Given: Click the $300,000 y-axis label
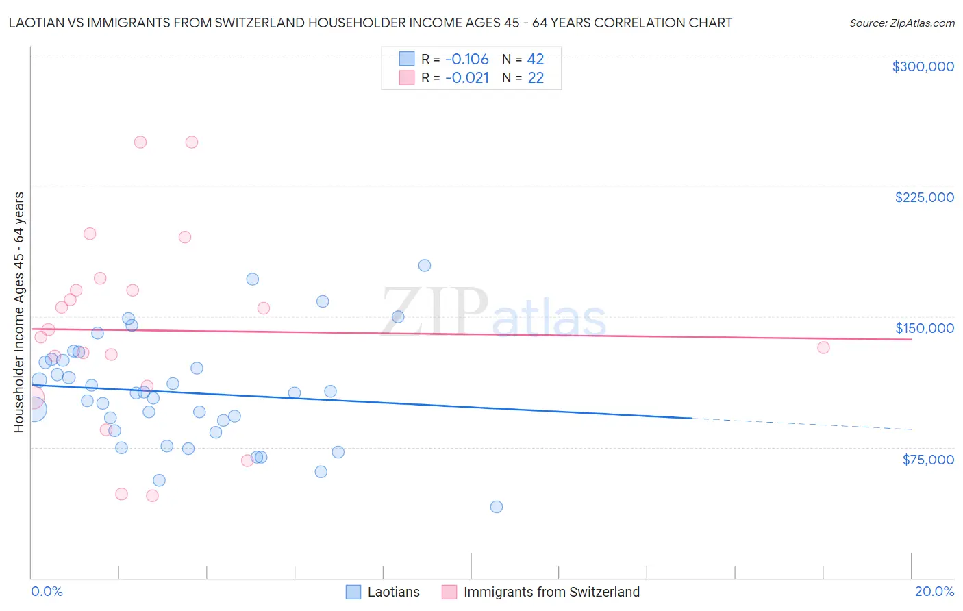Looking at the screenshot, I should [x=923, y=66].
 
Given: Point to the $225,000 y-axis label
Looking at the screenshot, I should [x=924, y=197].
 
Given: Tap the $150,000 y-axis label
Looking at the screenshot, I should [x=924, y=328].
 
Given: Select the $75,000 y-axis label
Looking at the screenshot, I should [x=927, y=460].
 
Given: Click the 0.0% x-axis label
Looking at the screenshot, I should [x=47, y=591].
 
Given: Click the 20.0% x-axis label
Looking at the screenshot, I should [x=934, y=591].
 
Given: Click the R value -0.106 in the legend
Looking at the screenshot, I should [x=466, y=60].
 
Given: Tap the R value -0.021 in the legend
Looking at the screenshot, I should [x=466, y=78].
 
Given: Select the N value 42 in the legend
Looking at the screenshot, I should [x=535, y=60].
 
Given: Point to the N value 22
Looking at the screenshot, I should [x=535, y=78].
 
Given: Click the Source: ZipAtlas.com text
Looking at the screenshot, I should [x=902, y=23].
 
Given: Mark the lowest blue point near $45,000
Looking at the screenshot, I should [x=497, y=507].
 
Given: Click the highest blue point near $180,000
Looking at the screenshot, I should [x=425, y=265].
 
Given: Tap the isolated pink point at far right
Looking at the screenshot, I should [x=823, y=347].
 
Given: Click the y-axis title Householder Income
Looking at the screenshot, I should [x=18, y=312].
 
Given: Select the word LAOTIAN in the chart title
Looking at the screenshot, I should [x=36, y=23].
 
